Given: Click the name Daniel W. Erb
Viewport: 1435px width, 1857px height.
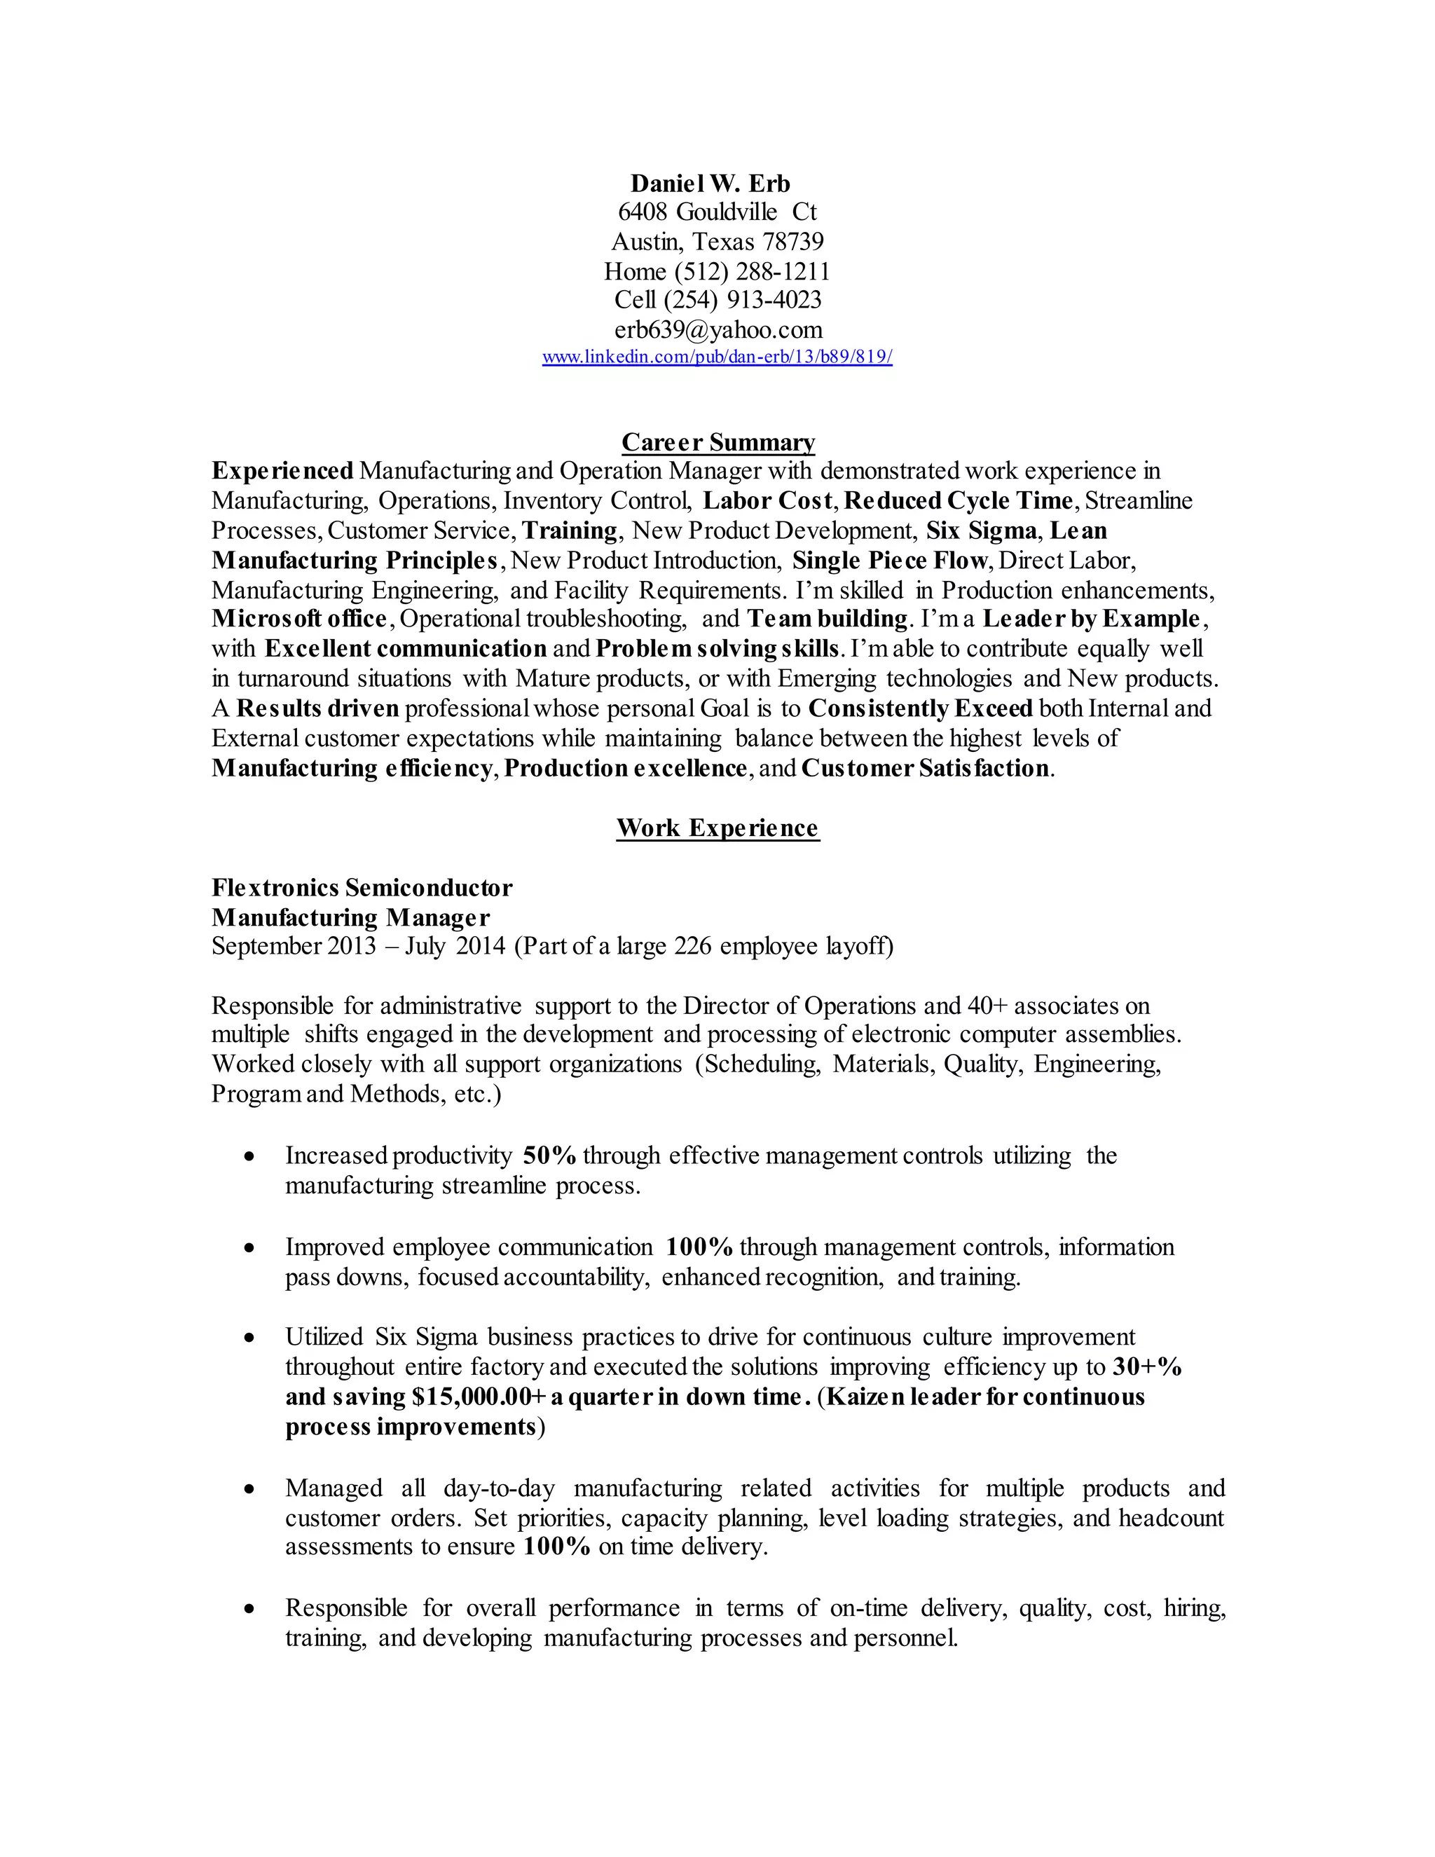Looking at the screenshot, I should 710,184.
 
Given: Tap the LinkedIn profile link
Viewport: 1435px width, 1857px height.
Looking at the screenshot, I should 717,357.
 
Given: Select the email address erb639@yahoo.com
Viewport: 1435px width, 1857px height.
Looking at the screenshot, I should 718,330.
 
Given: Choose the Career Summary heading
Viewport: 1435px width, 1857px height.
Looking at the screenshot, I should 717,442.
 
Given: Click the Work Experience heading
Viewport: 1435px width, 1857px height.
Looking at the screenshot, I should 717,828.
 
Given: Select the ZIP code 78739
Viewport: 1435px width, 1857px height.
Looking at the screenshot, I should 792,242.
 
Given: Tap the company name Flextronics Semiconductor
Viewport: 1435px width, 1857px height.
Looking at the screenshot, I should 362,889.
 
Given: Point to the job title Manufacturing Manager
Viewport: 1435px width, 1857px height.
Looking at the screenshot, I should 350,918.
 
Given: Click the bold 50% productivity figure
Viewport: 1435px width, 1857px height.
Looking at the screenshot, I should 549,1156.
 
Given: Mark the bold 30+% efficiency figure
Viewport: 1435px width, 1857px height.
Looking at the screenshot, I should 1148,1367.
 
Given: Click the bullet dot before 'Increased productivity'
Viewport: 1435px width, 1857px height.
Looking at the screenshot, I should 248,1157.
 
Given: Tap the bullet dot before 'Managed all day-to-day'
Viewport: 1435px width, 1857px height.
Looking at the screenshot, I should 248,1490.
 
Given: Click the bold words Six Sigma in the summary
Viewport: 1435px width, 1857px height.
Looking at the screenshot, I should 981,531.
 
